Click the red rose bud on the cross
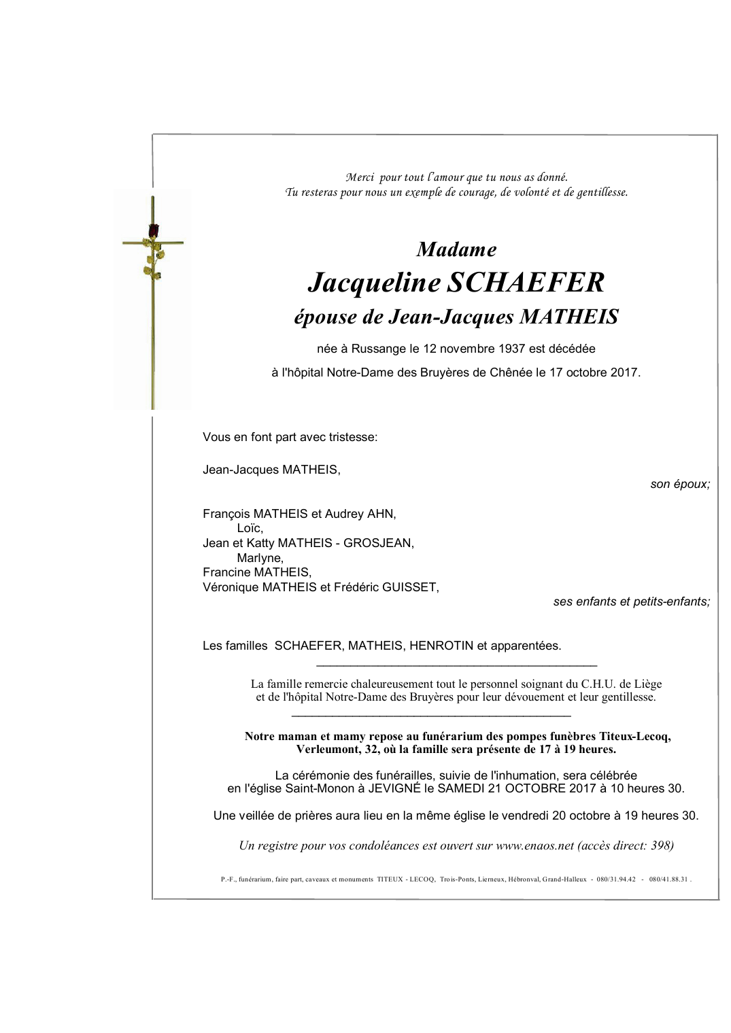coord(154,231)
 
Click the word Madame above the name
coord(456,249)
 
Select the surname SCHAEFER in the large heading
coord(526,283)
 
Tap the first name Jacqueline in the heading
coord(374,283)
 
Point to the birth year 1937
coord(511,349)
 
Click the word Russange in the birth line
coord(378,349)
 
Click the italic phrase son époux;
coord(680,485)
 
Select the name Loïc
coord(250,528)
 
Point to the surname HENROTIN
coord(441,646)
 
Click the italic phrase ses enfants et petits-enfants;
coord(631,601)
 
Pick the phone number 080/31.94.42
coord(616,879)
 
